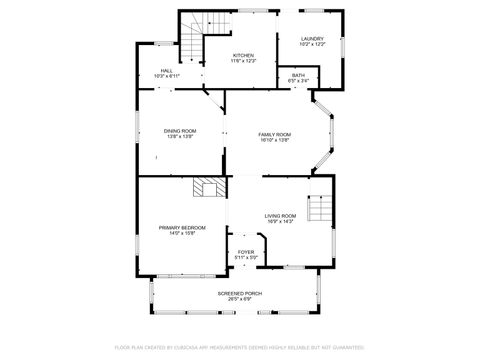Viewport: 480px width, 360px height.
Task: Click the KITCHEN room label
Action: pos(244,55)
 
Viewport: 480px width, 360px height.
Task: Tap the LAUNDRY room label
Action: pos(313,39)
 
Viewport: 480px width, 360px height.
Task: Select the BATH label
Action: pos(298,75)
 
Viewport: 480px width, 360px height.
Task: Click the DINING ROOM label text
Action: pos(181,131)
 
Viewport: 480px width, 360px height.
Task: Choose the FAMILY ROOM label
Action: pos(274,134)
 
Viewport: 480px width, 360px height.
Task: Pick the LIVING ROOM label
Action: pos(280,216)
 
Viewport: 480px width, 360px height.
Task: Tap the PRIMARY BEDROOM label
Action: pos(182,227)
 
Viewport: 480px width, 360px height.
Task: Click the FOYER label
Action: pos(246,252)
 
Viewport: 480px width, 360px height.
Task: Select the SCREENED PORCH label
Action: pos(239,293)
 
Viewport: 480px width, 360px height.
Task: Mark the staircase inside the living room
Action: pos(318,209)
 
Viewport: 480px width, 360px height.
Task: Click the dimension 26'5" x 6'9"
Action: pos(239,299)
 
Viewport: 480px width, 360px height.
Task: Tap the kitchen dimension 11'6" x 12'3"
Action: pos(244,61)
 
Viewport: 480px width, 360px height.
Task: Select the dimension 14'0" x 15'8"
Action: pos(182,233)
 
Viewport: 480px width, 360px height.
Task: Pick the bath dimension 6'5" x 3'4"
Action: pos(298,81)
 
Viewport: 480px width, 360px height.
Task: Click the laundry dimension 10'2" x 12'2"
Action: pos(313,45)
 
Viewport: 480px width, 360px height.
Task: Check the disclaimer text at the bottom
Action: pos(239,346)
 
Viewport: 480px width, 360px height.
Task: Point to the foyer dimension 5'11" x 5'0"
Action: pos(246,258)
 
